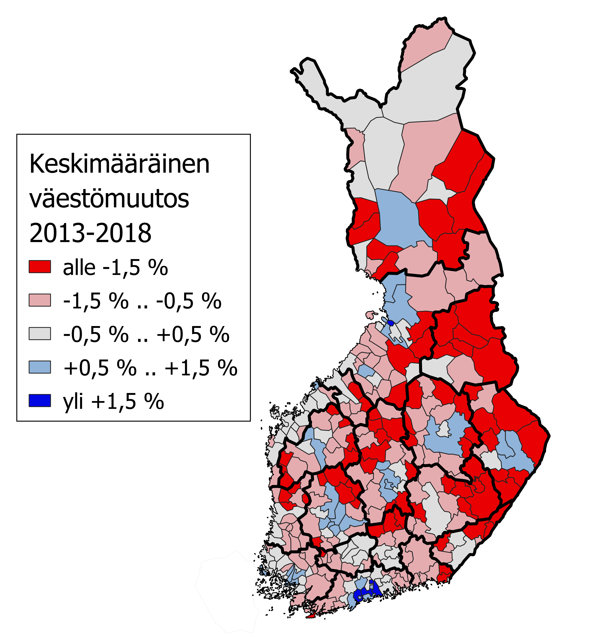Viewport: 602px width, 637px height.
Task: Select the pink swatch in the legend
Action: [x=40, y=300]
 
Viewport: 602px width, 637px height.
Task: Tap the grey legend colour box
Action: [x=40, y=334]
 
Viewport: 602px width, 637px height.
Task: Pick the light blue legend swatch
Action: [x=40, y=367]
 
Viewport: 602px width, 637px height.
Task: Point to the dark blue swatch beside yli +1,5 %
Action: [x=40, y=401]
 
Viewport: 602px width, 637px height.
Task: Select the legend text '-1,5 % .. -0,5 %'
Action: [x=142, y=301]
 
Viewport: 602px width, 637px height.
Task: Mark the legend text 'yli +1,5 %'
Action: [x=113, y=401]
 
